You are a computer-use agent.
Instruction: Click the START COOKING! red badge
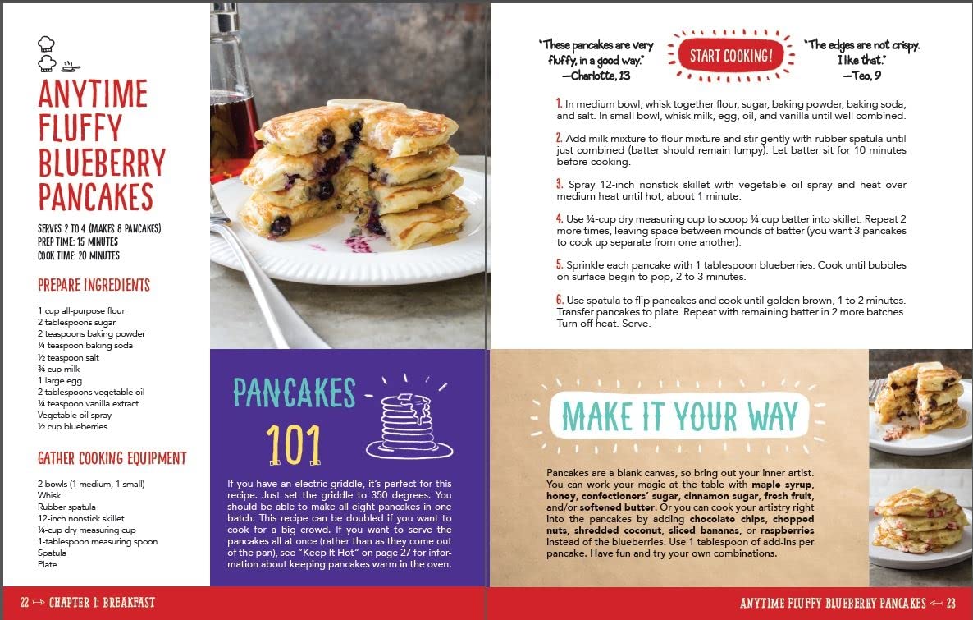(x=731, y=56)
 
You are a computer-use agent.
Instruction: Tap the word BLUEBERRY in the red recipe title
(x=102, y=163)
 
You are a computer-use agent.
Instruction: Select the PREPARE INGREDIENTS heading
(x=94, y=285)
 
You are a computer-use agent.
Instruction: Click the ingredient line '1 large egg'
(x=60, y=381)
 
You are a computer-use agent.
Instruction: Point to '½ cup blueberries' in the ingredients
(x=72, y=427)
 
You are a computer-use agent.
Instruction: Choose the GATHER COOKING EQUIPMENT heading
(x=112, y=458)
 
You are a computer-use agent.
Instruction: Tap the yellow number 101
(x=294, y=445)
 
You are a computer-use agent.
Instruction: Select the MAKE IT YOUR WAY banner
(x=679, y=416)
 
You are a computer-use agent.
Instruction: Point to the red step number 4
(x=559, y=218)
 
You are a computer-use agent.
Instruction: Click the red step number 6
(x=559, y=300)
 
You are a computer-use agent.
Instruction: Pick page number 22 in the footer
(x=25, y=603)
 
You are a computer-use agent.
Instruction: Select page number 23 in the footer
(x=951, y=603)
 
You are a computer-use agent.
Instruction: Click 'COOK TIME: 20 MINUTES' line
(x=79, y=255)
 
